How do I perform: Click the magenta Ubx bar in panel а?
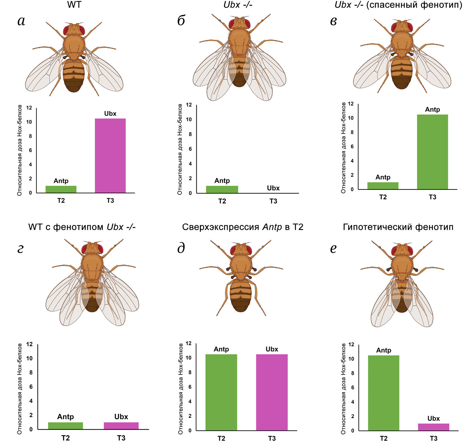pyautogui.click(x=110, y=156)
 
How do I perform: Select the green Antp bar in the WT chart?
pyautogui.click(x=61, y=189)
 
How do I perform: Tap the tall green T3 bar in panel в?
pyautogui.click(x=432, y=152)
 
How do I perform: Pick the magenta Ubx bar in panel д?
pyautogui.click(x=272, y=392)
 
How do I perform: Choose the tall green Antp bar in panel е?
pyautogui.click(x=383, y=393)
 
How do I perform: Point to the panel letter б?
pyautogui.click(x=181, y=21)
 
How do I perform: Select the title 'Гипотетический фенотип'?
pyautogui.click(x=398, y=227)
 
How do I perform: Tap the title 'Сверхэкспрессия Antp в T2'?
pyautogui.click(x=243, y=227)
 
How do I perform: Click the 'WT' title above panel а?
pyautogui.click(x=74, y=5)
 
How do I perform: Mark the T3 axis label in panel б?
pyautogui.click(x=273, y=201)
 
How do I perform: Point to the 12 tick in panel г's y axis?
pyautogui.click(x=29, y=344)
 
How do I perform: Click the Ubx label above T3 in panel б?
pyautogui.click(x=273, y=188)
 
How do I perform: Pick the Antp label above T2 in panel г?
pyautogui.click(x=65, y=417)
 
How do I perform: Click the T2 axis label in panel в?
pyautogui.click(x=383, y=197)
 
